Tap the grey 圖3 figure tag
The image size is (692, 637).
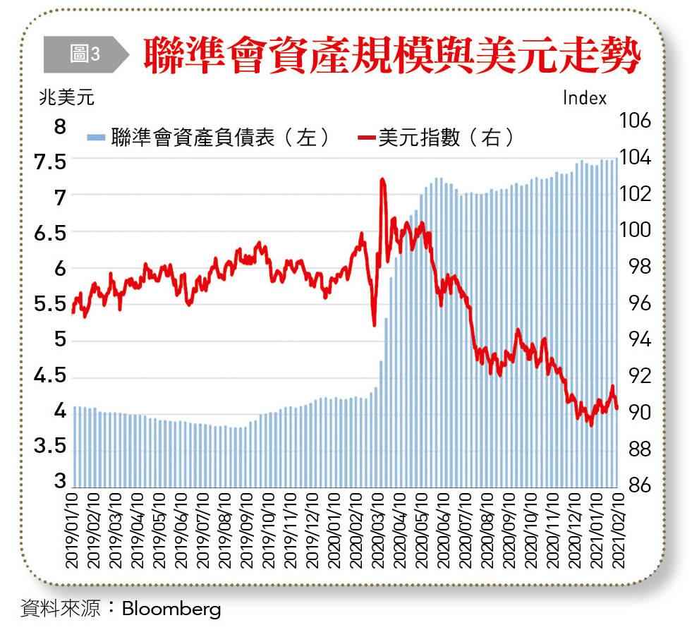pyautogui.click(x=85, y=54)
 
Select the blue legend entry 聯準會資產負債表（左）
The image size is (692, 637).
pyautogui.click(x=209, y=137)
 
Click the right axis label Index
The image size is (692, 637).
pyautogui.click(x=585, y=98)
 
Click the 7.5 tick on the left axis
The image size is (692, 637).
pyautogui.click(x=50, y=161)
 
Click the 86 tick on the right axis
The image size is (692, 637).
pyautogui.click(x=642, y=485)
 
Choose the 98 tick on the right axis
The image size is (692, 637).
pyautogui.click(x=642, y=267)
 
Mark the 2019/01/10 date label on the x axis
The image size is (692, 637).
pyautogui.click(x=71, y=530)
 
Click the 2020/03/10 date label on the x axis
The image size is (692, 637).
pyautogui.click(x=378, y=530)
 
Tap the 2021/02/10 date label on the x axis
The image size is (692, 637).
pyautogui.click(x=618, y=530)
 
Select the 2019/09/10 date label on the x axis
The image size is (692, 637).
pyautogui.click(x=247, y=530)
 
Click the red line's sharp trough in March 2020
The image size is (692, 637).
pyautogui.click(x=374, y=324)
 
